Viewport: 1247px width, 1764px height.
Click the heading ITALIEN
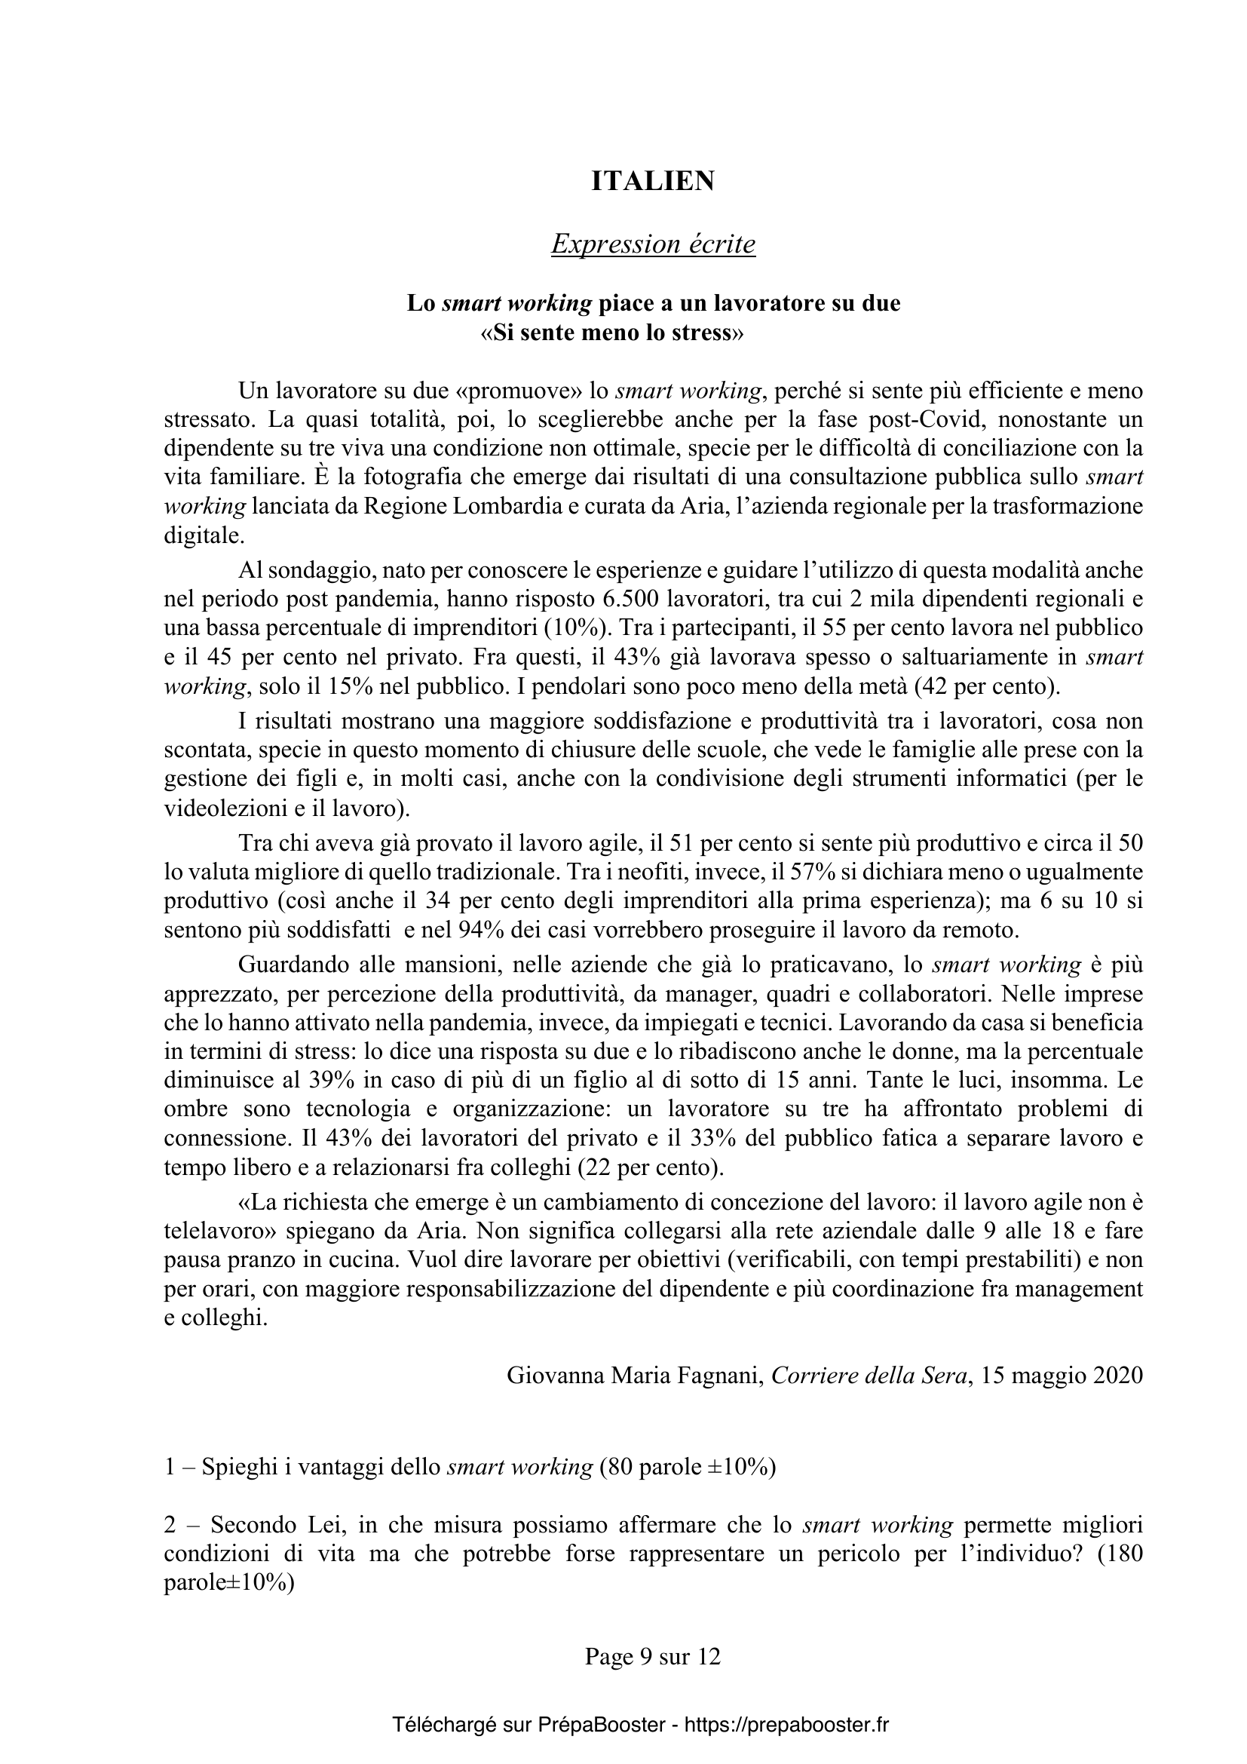[654, 181]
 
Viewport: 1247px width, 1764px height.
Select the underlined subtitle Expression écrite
[654, 244]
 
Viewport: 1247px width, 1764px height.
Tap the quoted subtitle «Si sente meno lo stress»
[612, 334]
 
